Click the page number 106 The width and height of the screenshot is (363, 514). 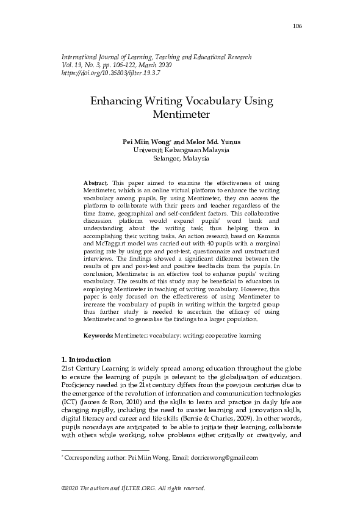coord(297,26)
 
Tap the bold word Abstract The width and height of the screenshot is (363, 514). coord(95,183)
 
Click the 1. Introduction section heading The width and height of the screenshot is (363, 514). coord(87,359)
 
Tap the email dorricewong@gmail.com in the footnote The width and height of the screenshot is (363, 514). coord(224,457)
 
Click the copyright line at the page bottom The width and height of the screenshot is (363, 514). coord(134,488)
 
